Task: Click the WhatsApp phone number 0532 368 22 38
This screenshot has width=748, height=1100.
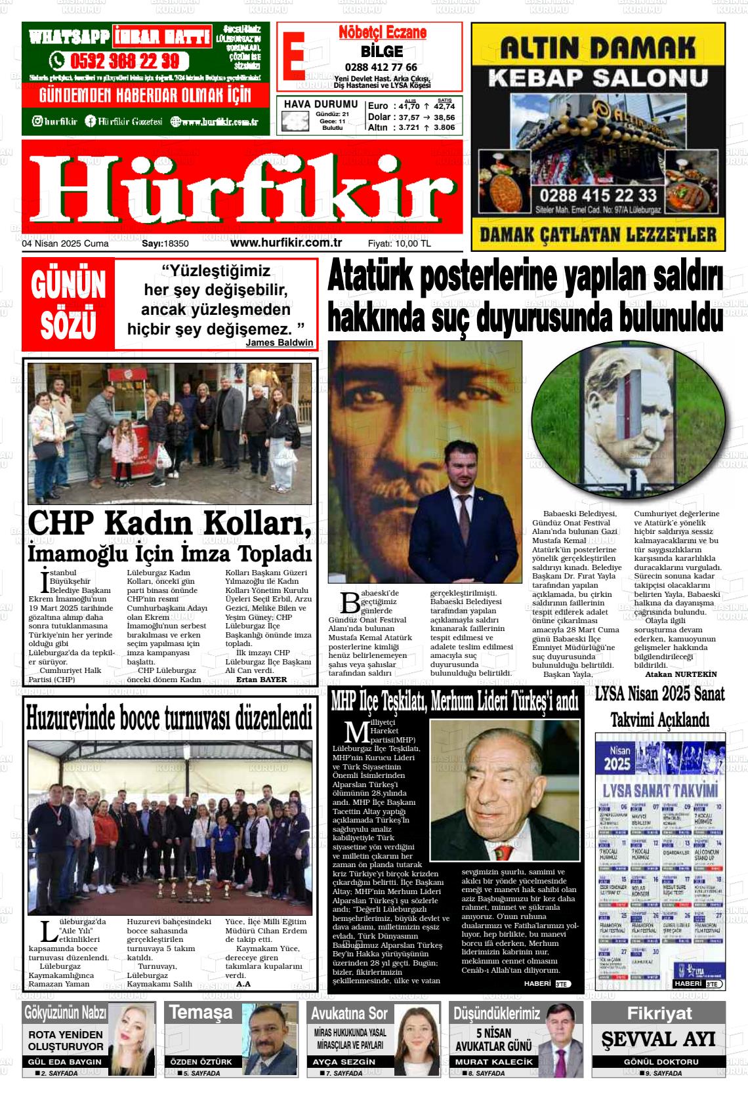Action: tap(123, 61)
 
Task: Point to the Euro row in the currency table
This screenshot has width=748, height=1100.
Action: tap(411, 106)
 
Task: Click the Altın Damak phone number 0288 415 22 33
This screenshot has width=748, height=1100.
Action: tap(597, 195)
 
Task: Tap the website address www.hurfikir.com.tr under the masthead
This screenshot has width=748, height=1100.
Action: tap(286, 242)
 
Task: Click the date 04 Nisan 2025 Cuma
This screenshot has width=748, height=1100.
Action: tap(66, 243)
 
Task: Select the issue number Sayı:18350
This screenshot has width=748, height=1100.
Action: tap(165, 243)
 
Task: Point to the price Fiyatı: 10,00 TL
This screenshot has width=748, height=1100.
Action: tap(399, 243)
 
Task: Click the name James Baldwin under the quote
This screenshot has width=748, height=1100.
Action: tap(279, 342)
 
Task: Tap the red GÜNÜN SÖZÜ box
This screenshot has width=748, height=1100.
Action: tap(68, 304)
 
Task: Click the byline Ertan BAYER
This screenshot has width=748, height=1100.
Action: tap(261, 680)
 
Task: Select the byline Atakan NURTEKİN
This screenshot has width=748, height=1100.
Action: tap(680, 674)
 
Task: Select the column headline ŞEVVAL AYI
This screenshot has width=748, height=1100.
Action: tap(658, 1039)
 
